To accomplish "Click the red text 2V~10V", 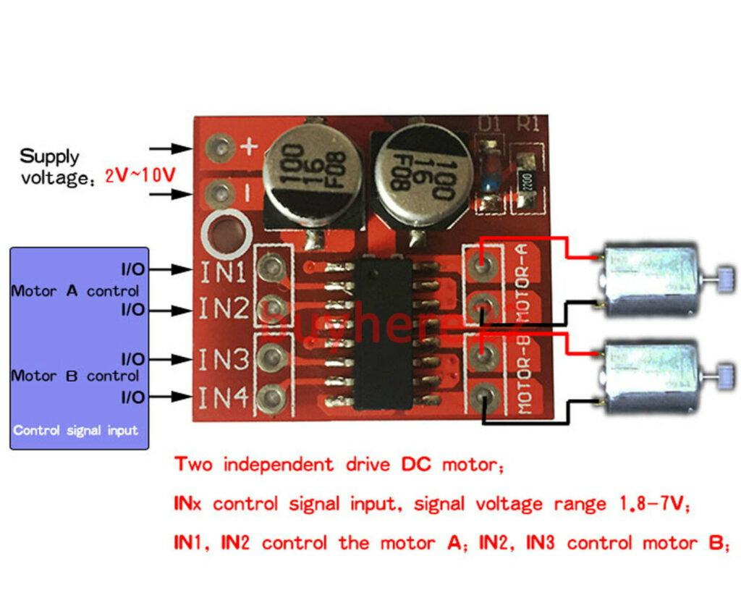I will pos(140,176).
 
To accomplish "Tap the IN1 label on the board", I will pos(224,272).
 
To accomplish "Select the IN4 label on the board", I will pos(224,397).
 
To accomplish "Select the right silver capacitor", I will pos(420,172).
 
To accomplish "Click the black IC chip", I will pos(382,334).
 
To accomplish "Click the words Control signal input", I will pos(75,430).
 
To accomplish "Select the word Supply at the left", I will pos(49,156).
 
